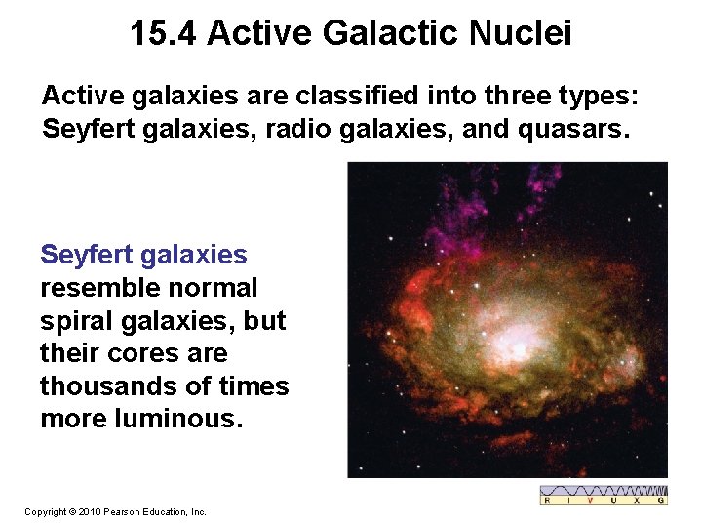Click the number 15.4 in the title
[x=164, y=34]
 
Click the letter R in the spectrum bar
[x=548, y=500]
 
